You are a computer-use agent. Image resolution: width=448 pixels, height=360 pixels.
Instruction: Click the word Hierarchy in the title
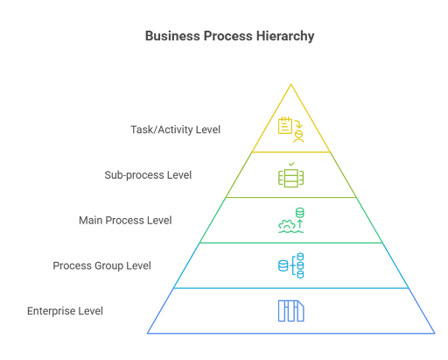pyautogui.click(x=285, y=37)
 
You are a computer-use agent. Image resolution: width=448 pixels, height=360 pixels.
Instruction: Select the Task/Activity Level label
pyautogui.click(x=175, y=130)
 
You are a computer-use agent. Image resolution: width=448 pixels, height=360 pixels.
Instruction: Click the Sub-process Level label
pyautogui.click(x=148, y=175)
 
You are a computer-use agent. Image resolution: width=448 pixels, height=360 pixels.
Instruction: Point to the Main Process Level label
pyautogui.click(x=125, y=220)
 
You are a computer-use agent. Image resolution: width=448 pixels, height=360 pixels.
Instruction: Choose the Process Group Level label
pyautogui.click(x=101, y=265)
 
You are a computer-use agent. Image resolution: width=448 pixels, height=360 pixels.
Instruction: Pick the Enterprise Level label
pyautogui.click(x=65, y=311)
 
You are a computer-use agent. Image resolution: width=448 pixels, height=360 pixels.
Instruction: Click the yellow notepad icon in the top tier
pyautogui.click(x=285, y=125)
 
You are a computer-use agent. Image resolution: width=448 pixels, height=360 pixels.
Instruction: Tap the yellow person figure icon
pyautogui.click(x=298, y=137)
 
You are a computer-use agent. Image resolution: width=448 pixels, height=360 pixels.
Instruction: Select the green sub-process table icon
pyautogui.click(x=290, y=178)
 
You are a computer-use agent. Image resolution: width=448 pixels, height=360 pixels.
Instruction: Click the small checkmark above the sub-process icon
pyautogui.click(x=291, y=164)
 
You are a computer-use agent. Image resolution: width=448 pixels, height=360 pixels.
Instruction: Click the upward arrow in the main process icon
pyautogui.click(x=300, y=224)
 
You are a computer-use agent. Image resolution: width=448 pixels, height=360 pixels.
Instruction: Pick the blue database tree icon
pyautogui.click(x=290, y=265)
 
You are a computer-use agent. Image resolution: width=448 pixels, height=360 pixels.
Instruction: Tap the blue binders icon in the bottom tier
pyautogui.click(x=290, y=311)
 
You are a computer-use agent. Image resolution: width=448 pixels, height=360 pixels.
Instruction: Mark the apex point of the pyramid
pyautogui.click(x=290, y=84)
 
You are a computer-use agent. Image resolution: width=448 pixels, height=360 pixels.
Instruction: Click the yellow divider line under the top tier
pyautogui.click(x=290, y=152)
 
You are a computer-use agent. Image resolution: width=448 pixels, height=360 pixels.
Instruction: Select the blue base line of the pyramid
pyautogui.click(x=290, y=333)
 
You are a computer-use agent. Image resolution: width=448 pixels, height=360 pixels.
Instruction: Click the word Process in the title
pyautogui.click(x=228, y=37)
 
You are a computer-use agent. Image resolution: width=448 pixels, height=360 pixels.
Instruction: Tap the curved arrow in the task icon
pyautogui.click(x=298, y=124)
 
